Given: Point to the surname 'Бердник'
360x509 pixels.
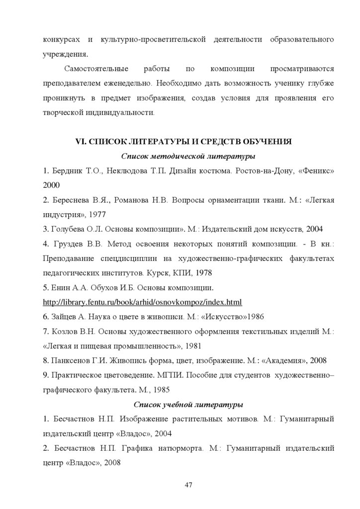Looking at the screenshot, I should (67, 171).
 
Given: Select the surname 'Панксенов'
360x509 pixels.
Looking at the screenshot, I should (72, 360).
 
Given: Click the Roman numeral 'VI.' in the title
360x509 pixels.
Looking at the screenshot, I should (81, 142).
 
